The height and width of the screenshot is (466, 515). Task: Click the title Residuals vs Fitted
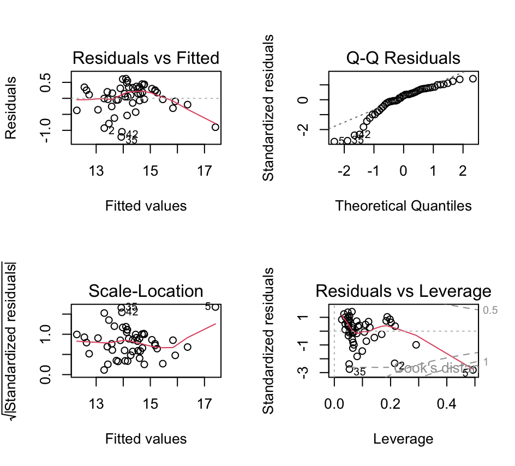[x=146, y=58]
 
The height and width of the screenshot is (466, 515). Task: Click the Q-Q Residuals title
[x=403, y=58]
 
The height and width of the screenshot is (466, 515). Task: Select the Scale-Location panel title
[x=146, y=291]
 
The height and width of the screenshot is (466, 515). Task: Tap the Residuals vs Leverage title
[x=403, y=291]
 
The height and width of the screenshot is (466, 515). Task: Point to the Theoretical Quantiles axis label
[x=403, y=206]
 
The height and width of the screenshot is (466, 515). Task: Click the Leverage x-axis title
[x=403, y=439]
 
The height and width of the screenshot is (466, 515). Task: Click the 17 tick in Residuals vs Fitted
[x=204, y=171]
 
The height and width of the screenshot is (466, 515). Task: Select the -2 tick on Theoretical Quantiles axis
[x=344, y=171]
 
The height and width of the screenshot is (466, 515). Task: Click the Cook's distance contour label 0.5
[x=490, y=310]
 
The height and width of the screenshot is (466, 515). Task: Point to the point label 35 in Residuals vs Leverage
[x=359, y=372]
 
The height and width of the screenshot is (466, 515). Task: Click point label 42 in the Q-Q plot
[x=364, y=135]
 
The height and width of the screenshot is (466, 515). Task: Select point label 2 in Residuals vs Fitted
[x=111, y=130]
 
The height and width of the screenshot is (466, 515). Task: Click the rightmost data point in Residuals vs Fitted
[x=215, y=127]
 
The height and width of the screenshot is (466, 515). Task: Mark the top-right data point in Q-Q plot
[x=472, y=79]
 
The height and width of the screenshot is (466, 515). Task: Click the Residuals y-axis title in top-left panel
[x=12, y=107]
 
